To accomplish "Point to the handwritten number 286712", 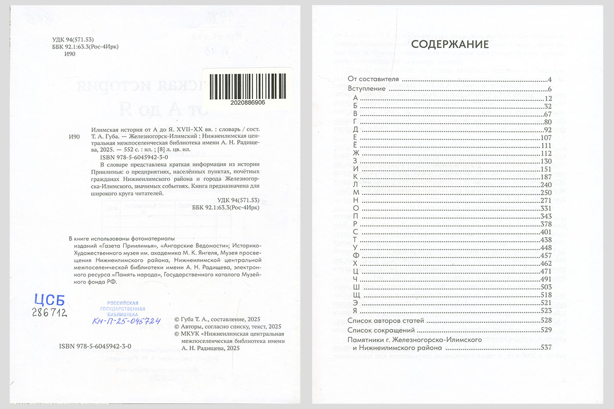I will [50, 312].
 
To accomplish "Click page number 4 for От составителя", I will [549, 79].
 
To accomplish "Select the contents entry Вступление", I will [365, 88].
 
